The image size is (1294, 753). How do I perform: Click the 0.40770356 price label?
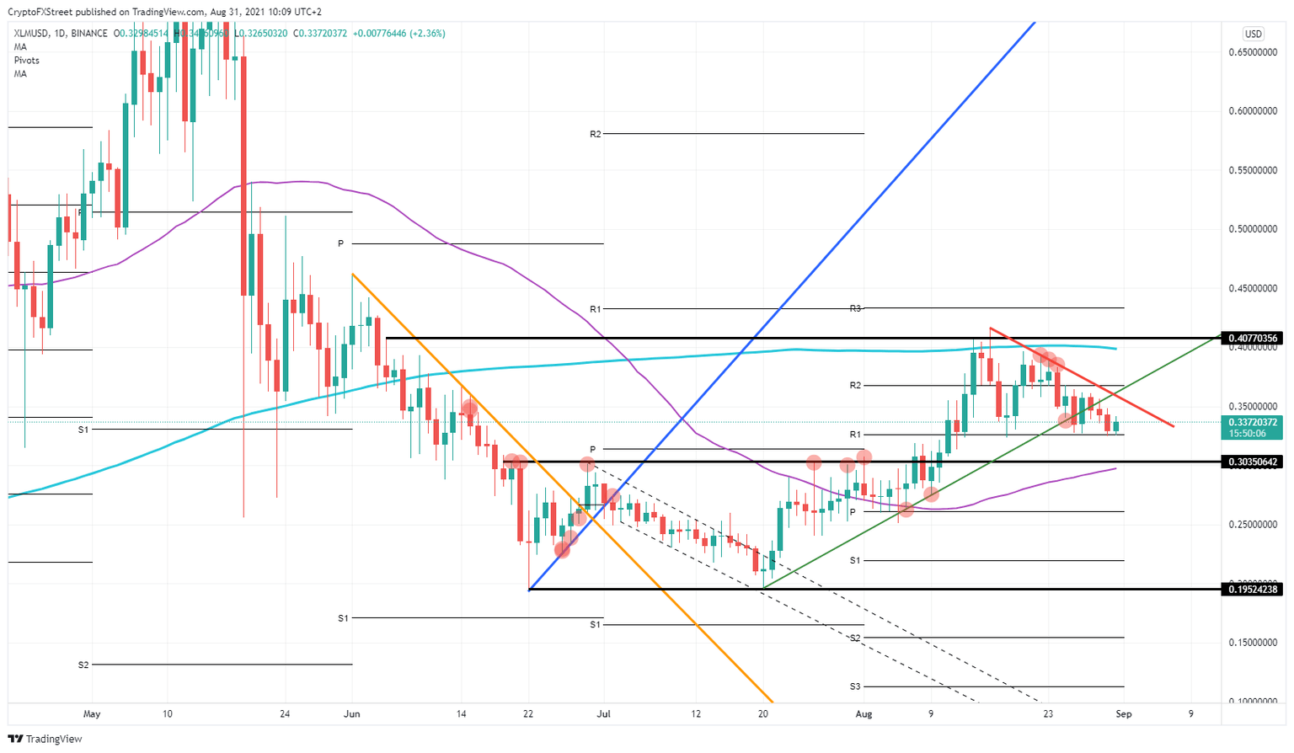tap(1253, 339)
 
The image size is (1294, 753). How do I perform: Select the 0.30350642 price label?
tap(1253, 462)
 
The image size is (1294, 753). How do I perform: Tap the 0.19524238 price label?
tap(1253, 590)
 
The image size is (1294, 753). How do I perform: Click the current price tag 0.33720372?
tap(1253, 423)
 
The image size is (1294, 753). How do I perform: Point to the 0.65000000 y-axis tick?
tap(1253, 52)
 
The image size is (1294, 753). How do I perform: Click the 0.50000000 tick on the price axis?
tap(1253, 229)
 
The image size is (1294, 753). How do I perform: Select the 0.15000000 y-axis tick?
tap(1253, 643)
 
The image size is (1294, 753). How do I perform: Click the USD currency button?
tap(1253, 34)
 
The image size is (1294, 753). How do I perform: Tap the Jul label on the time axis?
tap(603, 714)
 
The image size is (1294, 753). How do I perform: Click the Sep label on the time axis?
tap(1123, 714)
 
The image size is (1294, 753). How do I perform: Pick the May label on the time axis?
tap(92, 714)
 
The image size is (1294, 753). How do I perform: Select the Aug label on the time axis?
tap(864, 714)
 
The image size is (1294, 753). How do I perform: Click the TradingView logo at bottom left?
tap(46, 739)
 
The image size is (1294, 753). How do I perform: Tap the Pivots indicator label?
tap(26, 61)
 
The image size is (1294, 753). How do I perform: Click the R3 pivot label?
tap(854, 308)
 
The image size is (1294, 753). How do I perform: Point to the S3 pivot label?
tap(854, 686)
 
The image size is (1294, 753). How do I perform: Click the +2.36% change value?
tap(427, 34)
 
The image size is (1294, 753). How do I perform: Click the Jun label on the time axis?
tap(352, 714)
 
